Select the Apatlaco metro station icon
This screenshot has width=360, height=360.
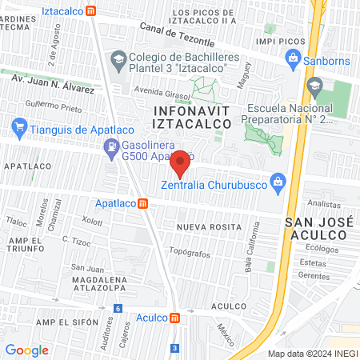[142, 203]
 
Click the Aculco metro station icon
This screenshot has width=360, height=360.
[174, 318]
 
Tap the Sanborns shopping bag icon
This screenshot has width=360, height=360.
[293, 58]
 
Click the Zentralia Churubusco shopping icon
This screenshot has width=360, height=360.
[278, 182]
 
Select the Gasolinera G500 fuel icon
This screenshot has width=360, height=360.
[110, 146]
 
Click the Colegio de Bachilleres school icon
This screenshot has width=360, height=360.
[118, 58]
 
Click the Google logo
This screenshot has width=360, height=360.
[26, 350]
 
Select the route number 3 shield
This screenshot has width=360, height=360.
[174, 348]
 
